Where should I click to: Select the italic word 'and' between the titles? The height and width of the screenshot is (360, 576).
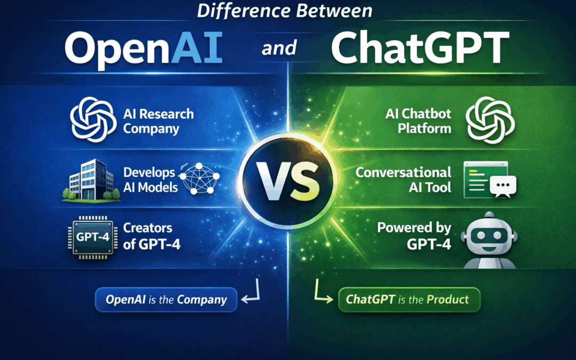click(279, 49)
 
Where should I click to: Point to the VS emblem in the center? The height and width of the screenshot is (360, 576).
click(288, 181)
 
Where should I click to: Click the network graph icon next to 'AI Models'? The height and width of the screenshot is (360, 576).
click(199, 180)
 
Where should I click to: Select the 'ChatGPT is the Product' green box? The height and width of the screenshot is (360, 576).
click(409, 300)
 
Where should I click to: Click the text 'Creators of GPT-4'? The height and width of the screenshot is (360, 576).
click(148, 235)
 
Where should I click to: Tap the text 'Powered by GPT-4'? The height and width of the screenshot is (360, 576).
click(413, 235)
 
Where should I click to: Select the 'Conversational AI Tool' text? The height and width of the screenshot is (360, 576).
click(403, 180)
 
